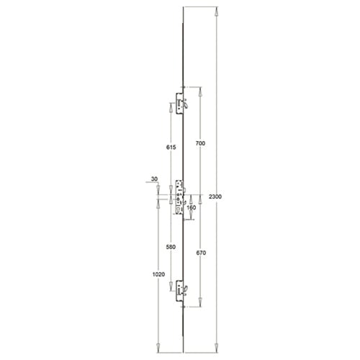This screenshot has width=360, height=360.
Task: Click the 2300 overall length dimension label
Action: [215, 197]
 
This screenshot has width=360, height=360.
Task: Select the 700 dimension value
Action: [200, 143]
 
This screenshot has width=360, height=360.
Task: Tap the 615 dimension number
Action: [171, 148]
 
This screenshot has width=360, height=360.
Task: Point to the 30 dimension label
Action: [154, 179]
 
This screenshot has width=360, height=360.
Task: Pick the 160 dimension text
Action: [192, 207]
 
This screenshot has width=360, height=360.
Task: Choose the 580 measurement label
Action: [171, 247]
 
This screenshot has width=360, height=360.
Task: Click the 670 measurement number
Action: [201, 253]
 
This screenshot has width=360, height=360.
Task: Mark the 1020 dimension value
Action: [158, 274]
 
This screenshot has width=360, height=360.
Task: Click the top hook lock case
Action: [179, 104]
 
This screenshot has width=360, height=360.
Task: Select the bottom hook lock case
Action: [179, 291]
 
